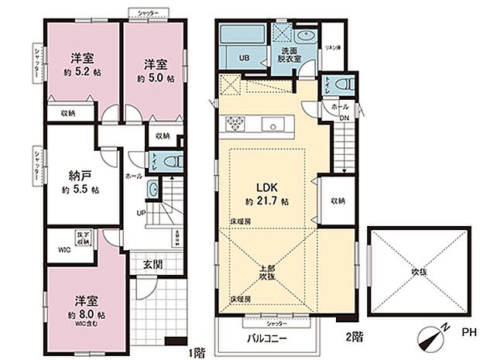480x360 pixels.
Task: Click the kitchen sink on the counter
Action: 272,125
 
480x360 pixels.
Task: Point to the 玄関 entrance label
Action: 153,263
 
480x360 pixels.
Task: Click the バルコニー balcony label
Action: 268,339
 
